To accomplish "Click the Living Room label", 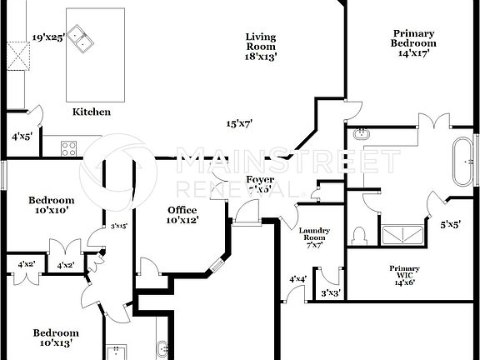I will click(261, 47).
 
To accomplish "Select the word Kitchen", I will click(92, 112).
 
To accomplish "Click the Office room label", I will click(182, 215).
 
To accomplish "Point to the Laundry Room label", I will click(314, 237).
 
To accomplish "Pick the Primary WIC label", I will click(404, 275).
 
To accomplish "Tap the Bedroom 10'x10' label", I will click(52, 205).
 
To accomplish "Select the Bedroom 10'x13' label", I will click(56, 337).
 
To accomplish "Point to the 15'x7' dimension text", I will click(239, 123).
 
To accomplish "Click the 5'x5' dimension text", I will click(451, 223).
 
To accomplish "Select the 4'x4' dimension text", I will click(297, 279).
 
